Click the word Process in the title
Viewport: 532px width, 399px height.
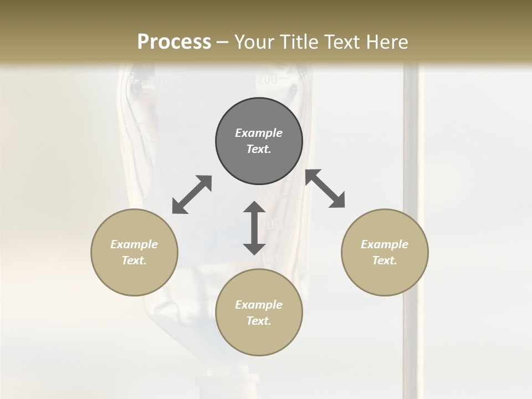pyautogui.click(x=174, y=42)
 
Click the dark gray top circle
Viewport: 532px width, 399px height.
pyautogui.click(x=259, y=141)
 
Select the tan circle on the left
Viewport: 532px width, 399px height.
pyautogui.click(x=134, y=252)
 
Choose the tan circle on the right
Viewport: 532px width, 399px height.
pyautogui.click(x=385, y=252)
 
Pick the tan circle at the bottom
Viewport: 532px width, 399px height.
pyautogui.click(x=259, y=313)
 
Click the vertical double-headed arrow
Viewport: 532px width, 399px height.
pyautogui.click(x=254, y=228)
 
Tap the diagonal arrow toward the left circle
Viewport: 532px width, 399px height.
pyautogui.click(x=192, y=195)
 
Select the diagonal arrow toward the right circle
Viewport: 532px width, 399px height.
pyautogui.click(x=325, y=188)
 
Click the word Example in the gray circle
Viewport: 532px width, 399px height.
pyautogui.click(x=259, y=133)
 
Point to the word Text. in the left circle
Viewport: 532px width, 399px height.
pyautogui.click(x=134, y=260)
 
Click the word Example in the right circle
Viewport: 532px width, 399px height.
pyautogui.click(x=385, y=244)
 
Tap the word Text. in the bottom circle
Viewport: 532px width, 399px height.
pyautogui.click(x=259, y=321)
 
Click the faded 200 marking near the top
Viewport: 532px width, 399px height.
pyautogui.click(x=267, y=79)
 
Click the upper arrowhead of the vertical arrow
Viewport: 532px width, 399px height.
pyautogui.click(x=254, y=208)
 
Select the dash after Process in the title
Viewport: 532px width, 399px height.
pyautogui.click(x=222, y=42)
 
